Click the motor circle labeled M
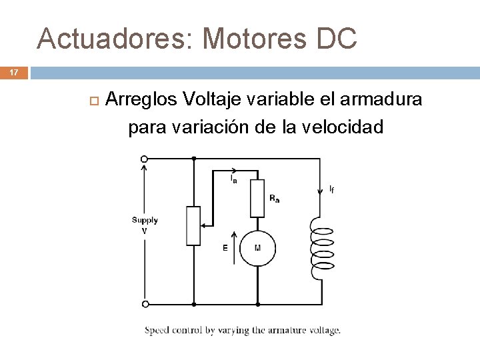(x=257, y=248)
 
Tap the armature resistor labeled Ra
(x=257, y=199)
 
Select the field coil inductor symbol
(x=322, y=247)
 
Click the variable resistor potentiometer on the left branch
(x=193, y=226)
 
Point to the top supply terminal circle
(x=145, y=159)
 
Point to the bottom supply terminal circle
(x=145, y=304)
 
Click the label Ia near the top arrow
(x=233, y=179)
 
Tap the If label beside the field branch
(x=331, y=190)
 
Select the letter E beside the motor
(x=225, y=248)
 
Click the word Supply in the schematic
(x=145, y=220)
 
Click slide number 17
(x=15, y=72)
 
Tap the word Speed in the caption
(x=157, y=330)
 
